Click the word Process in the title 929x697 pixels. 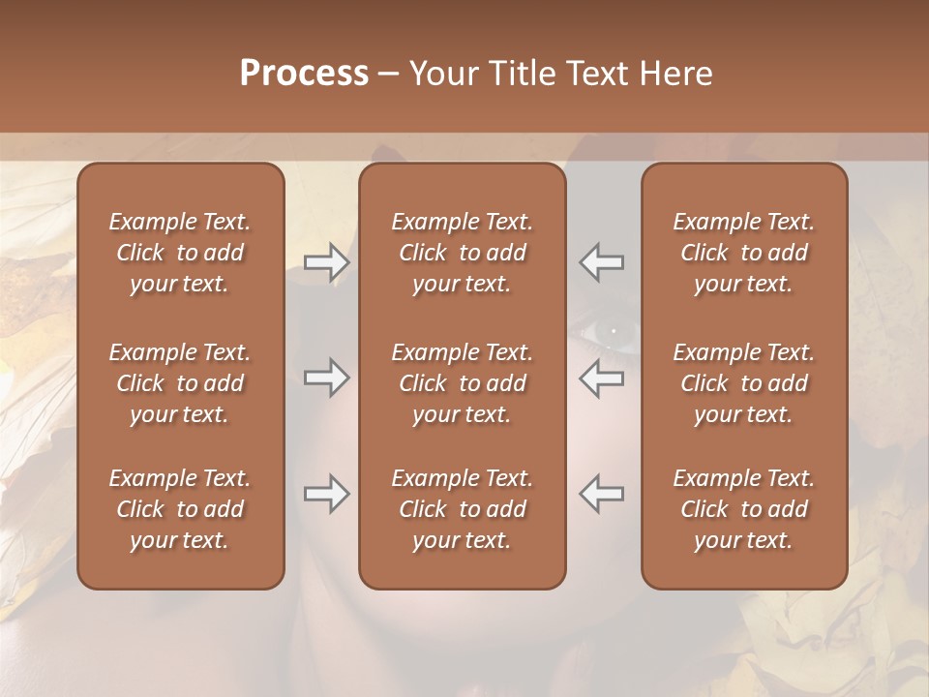pos(304,74)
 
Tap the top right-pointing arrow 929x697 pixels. pos(326,262)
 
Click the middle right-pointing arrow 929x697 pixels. pos(326,378)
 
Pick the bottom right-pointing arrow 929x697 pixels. pos(326,494)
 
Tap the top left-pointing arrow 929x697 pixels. pos(602,262)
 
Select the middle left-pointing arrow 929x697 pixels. pos(602,378)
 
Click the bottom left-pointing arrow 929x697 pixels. pos(602,494)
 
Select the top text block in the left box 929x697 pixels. pos(180,253)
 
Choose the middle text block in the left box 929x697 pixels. pos(180,383)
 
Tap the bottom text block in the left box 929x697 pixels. pos(180,509)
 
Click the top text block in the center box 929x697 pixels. pos(463,253)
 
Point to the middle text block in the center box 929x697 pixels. pos(463,383)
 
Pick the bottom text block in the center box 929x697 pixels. pos(463,509)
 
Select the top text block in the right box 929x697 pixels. pos(744,253)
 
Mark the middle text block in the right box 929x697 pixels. pos(744,383)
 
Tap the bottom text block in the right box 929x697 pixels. pos(744,509)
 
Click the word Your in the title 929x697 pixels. pos(444,74)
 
